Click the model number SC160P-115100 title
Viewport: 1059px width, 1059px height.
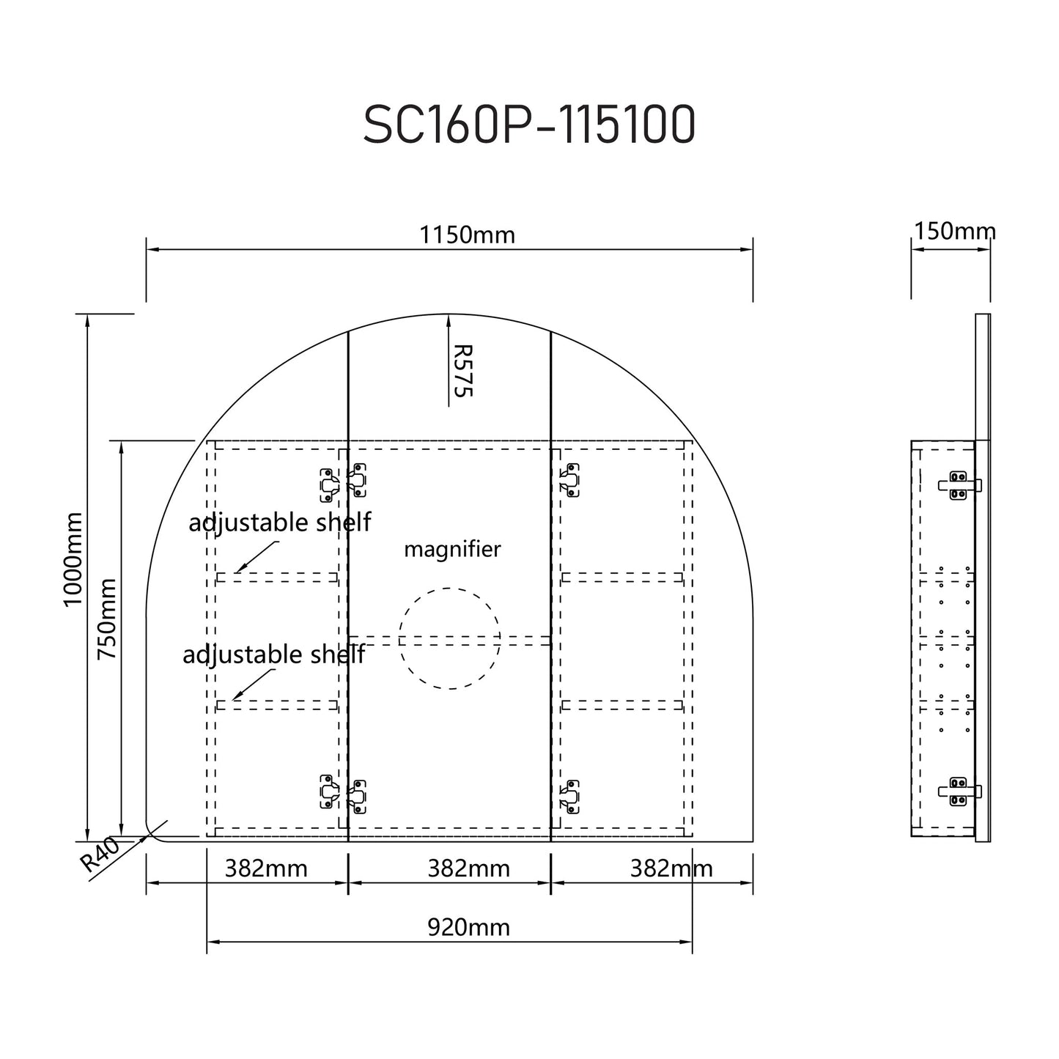point(529,126)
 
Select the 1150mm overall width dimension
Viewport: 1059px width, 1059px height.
point(467,235)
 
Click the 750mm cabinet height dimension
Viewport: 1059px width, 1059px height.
point(107,618)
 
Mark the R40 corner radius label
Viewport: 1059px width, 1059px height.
point(100,855)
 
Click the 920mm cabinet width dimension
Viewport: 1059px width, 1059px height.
point(468,928)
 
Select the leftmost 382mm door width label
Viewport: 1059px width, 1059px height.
point(266,869)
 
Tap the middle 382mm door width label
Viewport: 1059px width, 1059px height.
point(468,869)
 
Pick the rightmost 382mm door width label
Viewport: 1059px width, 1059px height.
point(671,869)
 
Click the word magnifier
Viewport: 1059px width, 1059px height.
point(452,549)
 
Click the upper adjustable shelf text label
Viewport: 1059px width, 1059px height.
point(279,523)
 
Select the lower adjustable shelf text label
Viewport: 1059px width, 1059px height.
point(273,654)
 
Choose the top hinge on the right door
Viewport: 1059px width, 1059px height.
point(569,481)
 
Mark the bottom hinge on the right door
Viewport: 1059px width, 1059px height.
point(569,796)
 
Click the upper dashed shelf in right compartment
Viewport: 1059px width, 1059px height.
point(622,578)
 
